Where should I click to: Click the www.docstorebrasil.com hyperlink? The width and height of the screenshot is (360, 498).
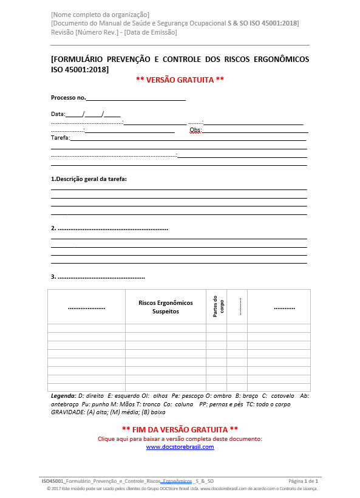[x=180, y=447]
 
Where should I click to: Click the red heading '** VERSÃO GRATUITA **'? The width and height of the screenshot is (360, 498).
[x=180, y=80]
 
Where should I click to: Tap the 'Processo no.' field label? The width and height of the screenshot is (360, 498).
[x=68, y=98]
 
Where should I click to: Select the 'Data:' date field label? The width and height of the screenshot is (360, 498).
[x=58, y=114]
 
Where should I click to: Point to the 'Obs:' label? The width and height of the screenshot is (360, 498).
[x=195, y=130]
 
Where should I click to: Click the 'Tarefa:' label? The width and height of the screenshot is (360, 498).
[x=60, y=138]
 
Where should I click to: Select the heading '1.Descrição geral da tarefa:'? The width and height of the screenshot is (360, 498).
[x=93, y=179]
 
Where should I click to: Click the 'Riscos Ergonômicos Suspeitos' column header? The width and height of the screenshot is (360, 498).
[x=166, y=307]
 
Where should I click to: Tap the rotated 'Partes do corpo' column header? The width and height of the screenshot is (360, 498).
[x=218, y=306]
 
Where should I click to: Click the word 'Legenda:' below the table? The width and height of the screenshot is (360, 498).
[x=63, y=396]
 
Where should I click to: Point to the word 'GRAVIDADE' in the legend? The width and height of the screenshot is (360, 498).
[x=67, y=412]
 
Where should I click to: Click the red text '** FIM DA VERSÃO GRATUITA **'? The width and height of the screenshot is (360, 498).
[x=180, y=429]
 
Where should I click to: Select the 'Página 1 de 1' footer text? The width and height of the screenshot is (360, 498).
[x=303, y=480]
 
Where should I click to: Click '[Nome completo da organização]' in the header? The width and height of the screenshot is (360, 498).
[x=100, y=14]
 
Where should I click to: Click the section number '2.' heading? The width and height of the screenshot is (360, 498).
[x=54, y=228]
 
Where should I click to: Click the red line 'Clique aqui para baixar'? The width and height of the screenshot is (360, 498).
[x=180, y=438]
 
